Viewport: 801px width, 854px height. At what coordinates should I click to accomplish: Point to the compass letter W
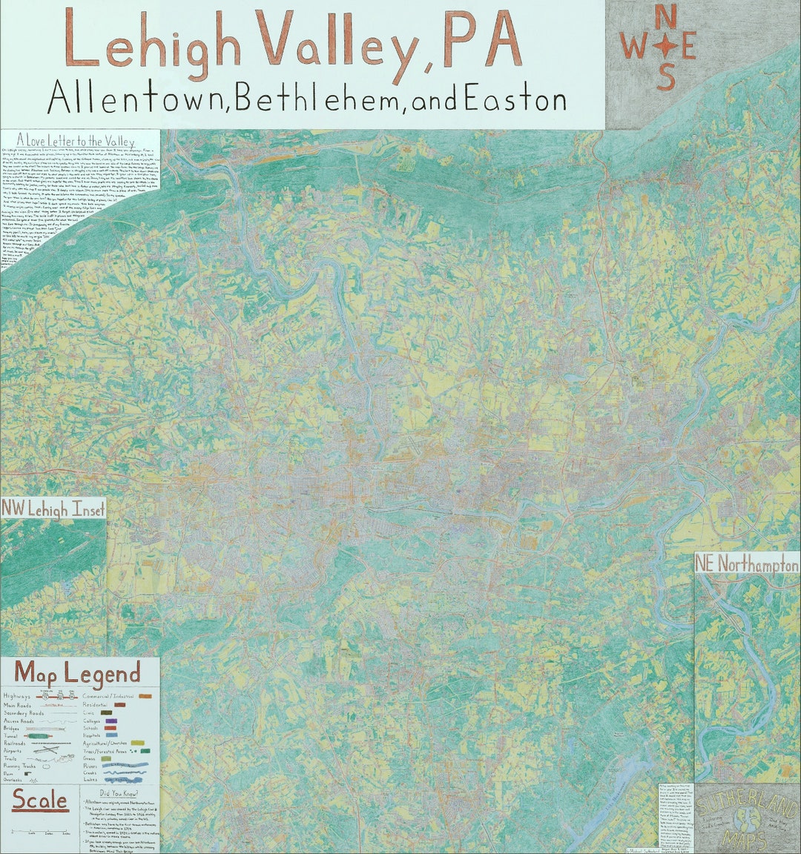point(633,47)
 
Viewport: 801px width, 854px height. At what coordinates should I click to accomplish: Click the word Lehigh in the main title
point(152,41)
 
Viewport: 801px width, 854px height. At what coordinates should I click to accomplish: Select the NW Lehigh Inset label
point(53,509)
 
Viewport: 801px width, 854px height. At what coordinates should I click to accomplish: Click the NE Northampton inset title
point(747,565)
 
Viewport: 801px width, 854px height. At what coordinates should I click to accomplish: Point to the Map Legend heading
point(78,674)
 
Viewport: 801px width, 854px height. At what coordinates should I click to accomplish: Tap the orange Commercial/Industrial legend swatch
point(146,696)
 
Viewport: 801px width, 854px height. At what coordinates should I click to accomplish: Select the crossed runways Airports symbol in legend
point(45,752)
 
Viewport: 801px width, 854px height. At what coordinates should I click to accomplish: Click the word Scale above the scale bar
point(39,801)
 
